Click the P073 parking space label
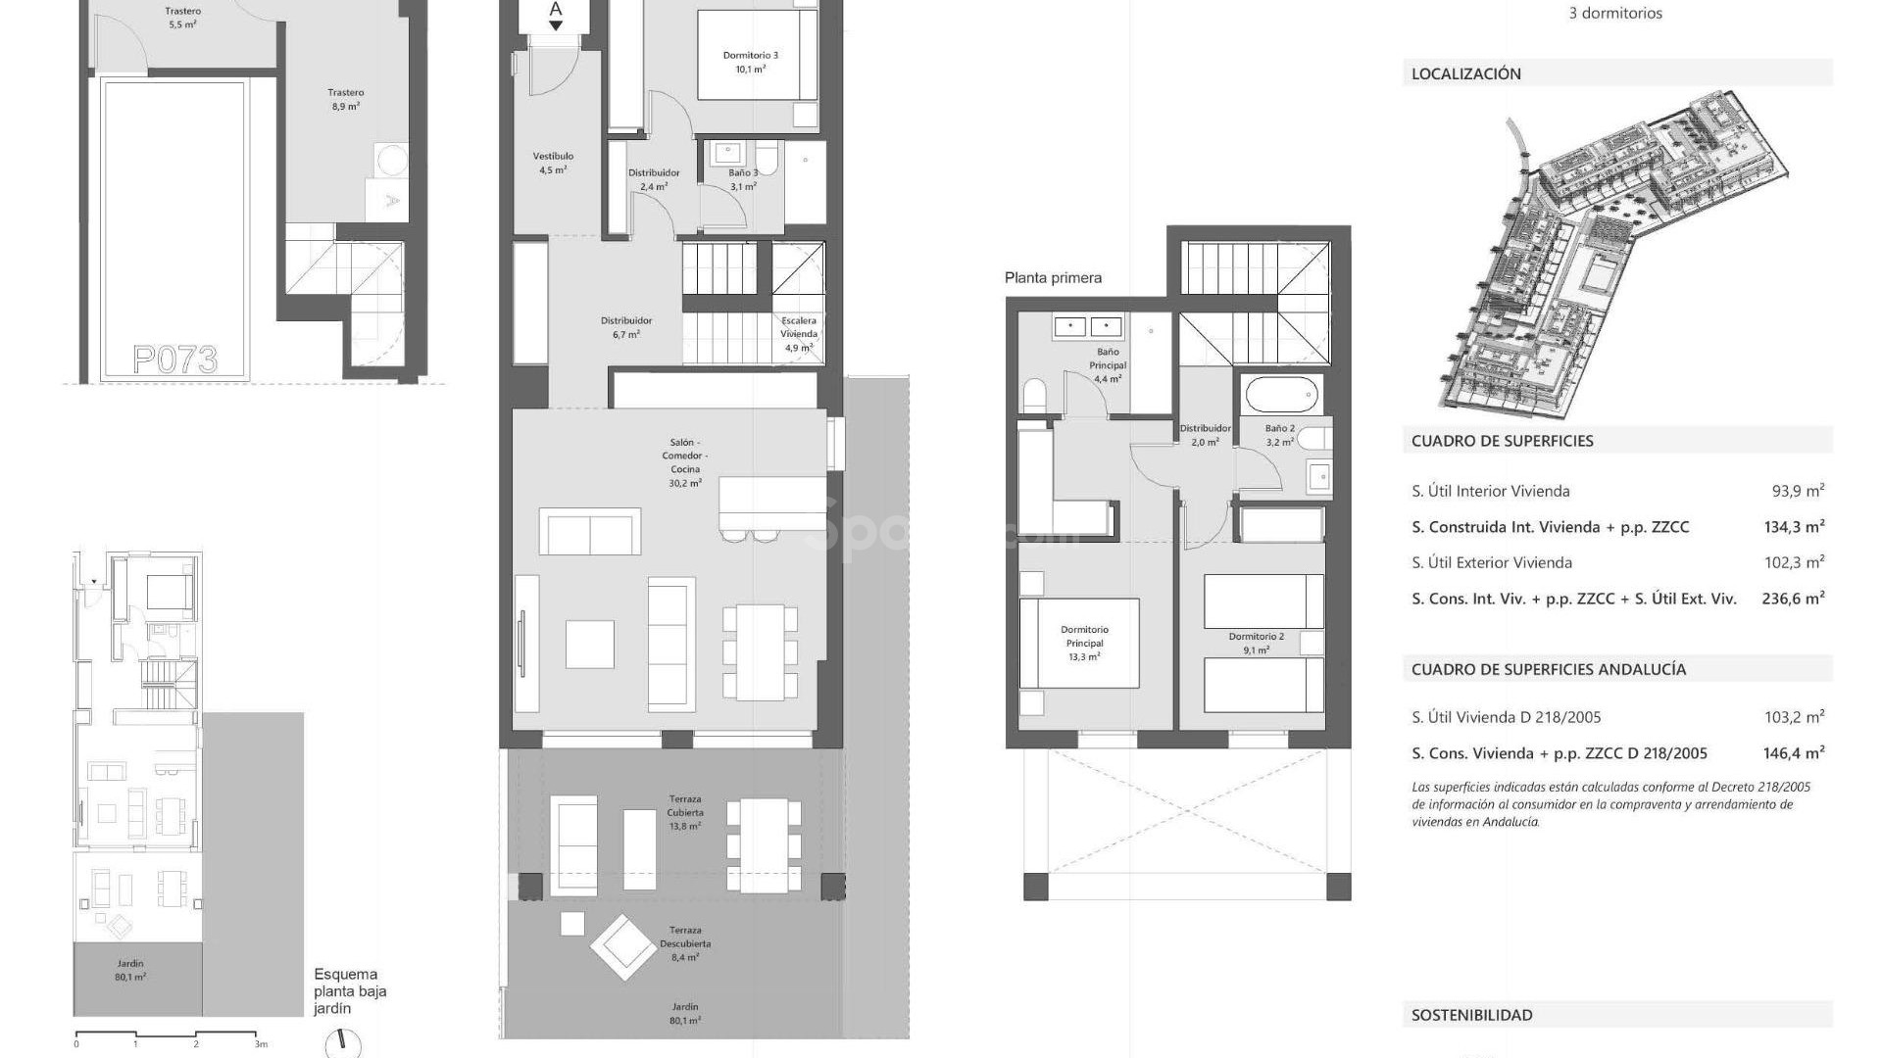pos(174,360)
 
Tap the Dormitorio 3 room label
pos(750,62)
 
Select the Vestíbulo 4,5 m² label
pos(553,163)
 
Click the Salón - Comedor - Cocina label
pos(684,462)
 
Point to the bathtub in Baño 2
pos(1280,397)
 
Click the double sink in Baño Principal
pos(1089,326)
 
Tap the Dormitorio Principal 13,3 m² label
pos(1084,643)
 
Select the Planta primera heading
pos(1053,278)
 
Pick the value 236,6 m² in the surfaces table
pos(1793,599)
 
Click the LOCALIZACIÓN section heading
pos(1465,73)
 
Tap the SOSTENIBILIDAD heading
pos(1471,1015)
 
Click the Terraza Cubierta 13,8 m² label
pos(684,812)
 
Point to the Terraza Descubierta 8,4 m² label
pos(684,943)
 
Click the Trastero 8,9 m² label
pos(346,99)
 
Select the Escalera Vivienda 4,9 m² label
pos(799,333)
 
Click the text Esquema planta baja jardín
pos(349,990)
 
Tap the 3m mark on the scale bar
pos(261,1044)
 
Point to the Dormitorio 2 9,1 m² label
pos(1256,643)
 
